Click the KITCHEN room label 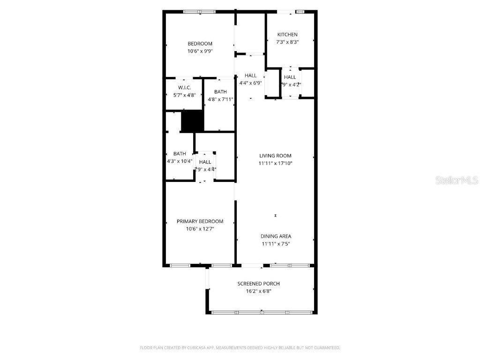point(287,35)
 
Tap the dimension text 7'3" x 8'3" point(287,42)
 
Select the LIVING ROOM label point(275,156)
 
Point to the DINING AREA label point(276,236)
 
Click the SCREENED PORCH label point(258,284)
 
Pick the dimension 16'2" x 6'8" point(258,291)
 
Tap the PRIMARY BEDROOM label point(200,221)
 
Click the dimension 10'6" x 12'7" point(200,229)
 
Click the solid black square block point(193,121)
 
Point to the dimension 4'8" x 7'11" point(220,99)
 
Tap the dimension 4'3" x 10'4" point(180,161)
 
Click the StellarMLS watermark point(456,180)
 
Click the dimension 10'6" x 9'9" point(200,52)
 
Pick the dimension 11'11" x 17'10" point(275,163)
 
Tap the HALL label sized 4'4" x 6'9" point(250,75)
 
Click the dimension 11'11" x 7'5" point(276,244)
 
